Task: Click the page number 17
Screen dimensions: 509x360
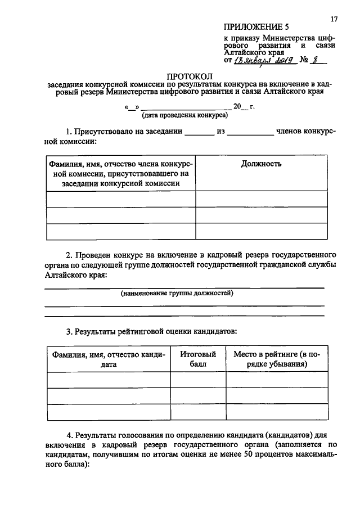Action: (334, 19)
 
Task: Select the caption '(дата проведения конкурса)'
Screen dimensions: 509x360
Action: (184, 115)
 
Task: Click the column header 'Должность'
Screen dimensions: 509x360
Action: (261, 164)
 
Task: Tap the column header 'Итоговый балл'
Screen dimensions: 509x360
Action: (197, 359)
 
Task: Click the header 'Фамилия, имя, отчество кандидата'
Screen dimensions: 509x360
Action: (108, 359)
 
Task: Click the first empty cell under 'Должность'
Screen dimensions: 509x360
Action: (261, 199)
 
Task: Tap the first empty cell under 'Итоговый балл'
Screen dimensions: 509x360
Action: (197, 380)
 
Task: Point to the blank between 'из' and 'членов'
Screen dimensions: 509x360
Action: (250, 133)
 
